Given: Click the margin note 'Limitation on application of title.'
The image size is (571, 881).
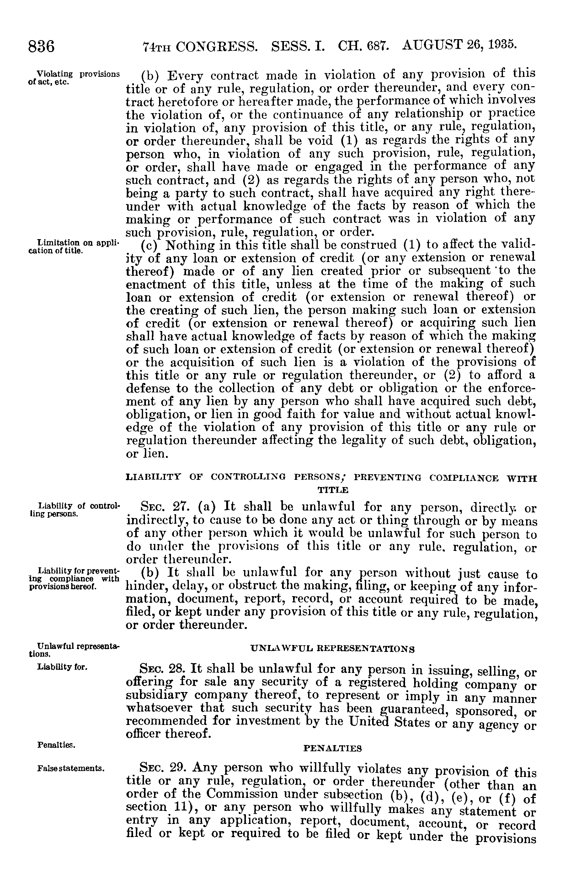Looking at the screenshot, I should pyautogui.click(x=74, y=247).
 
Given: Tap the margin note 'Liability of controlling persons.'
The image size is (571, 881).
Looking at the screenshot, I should pyautogui.click(x=74, y=509).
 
